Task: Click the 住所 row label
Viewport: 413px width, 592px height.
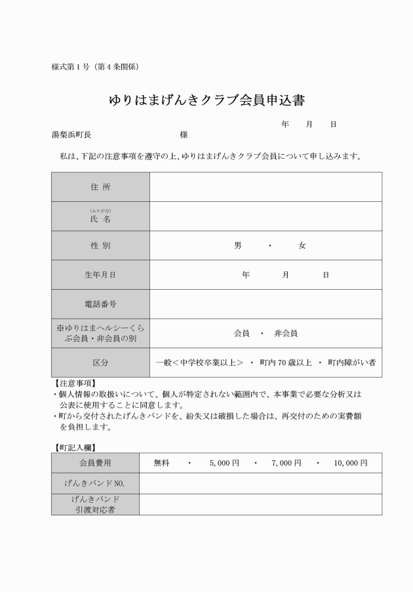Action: point(100,187)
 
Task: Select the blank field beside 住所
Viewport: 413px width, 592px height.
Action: point(265,187)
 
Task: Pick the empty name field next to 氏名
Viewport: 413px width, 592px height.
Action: point(265,216)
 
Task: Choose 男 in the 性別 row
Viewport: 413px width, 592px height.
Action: point(237,246)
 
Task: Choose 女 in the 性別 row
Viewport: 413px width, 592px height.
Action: point(302,246)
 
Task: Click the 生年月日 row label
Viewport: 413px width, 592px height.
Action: point(100,275)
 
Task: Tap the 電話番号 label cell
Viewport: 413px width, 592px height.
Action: point(100,304)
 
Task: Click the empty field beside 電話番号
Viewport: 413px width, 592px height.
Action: point(265,304)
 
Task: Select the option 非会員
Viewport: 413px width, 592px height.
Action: point(286,333)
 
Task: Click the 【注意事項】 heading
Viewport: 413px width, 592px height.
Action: point(75,383)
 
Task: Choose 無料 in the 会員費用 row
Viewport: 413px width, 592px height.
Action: point(161,463)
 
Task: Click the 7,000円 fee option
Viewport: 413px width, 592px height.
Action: point(286,463)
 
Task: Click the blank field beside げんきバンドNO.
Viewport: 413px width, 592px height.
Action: point(260,484)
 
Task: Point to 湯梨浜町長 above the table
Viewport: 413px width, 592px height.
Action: point(71,135)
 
